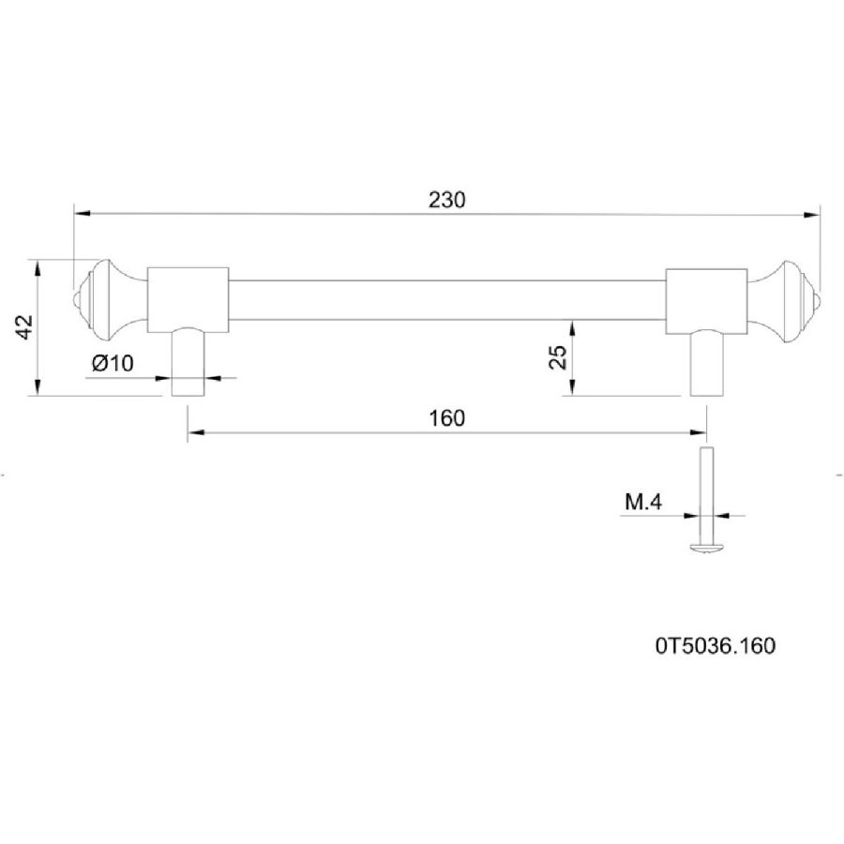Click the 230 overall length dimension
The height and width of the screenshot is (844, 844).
point(446,201)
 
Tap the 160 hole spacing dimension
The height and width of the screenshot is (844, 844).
point(446,418)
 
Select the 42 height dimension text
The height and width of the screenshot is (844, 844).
point(24,326)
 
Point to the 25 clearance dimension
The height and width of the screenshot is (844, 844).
point(558,357)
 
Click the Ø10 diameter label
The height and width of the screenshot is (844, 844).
point(113,363)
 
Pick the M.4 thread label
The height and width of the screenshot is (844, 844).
point(643,503)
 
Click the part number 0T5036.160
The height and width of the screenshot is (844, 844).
point(716,645)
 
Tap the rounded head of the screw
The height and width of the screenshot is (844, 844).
point(706,547)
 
